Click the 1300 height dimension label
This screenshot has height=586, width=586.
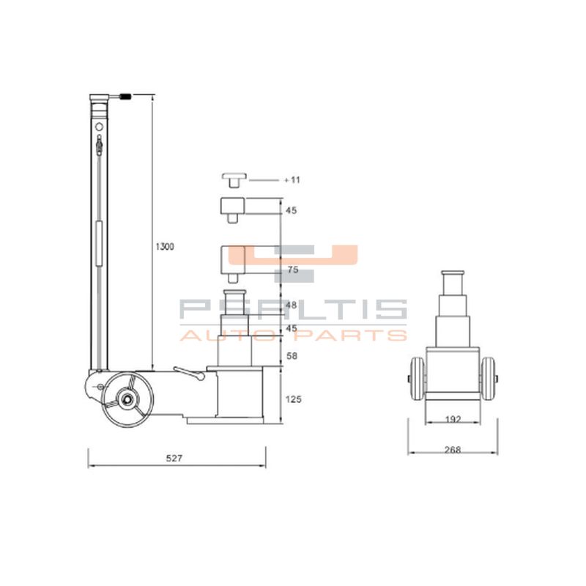pos(164,247)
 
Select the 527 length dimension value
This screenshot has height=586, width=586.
pos(174,458)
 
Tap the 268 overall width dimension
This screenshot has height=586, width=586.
pos(453,450)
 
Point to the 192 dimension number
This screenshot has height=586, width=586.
pos(453,420)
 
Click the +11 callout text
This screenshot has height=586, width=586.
pos(292,179)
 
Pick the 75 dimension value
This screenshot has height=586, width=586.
pos(293,270)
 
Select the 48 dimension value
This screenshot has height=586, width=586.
pos(292,305)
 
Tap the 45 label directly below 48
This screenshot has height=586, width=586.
pos(291,329)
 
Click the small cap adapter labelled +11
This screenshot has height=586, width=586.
pos(234,179)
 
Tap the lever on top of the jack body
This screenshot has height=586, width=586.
pos(190,374)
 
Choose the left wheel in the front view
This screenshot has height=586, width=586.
pos(417,379)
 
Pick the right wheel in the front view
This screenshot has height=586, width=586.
pos(488,379)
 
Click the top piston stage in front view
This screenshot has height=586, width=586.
pos(453,281)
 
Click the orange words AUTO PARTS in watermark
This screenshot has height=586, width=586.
pos(293,335)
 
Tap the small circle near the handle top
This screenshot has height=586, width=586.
pos(99,126)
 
